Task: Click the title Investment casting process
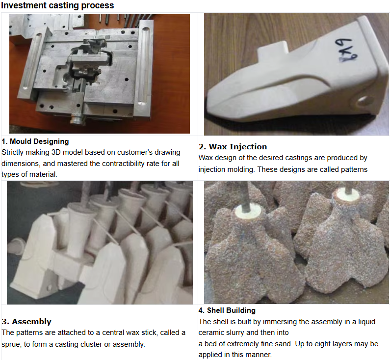click(57, 5)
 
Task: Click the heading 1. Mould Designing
click(35, 141)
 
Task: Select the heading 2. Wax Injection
click(233, 147)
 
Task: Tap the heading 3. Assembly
click(26, 321)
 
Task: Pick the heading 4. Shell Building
click(227, 310)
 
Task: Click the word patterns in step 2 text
click(354, 169)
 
